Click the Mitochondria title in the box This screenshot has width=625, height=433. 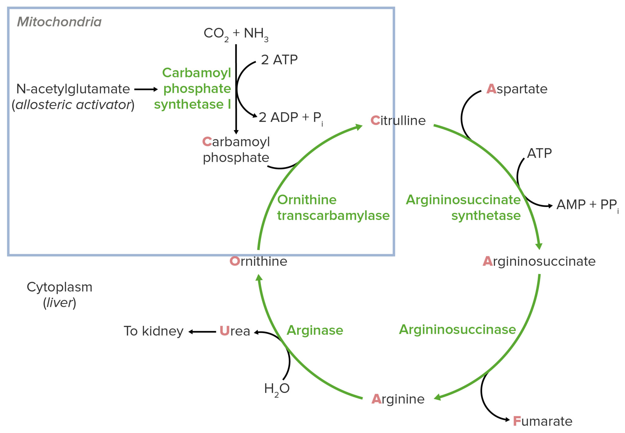tap(59, 22)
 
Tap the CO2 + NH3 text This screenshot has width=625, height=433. tap(236, 34)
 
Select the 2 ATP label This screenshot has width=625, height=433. tap(279, 60)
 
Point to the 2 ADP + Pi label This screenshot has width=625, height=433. tap(290, 118)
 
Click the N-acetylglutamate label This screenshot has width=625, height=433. tap(73, 89)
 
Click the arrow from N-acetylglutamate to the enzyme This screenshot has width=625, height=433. tap(146, 89)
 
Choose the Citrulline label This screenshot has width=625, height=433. tap(398, 121)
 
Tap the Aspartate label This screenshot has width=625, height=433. tap(517, 89)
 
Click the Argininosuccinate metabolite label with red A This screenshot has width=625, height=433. tap(539, 261)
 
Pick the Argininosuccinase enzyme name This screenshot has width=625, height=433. tap(457, 329)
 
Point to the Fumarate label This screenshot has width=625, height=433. tap(542, 421)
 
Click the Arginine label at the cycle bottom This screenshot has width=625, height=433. tap(398, 399)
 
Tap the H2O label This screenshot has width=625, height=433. tap(276, 389)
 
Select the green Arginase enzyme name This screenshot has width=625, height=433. tap(315, 330)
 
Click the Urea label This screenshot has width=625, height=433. tap(235, 331)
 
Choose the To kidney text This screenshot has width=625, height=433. tap(154, 331)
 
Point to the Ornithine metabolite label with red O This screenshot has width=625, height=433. tap(258, 261)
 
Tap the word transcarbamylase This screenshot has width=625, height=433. tap(333, 216)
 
